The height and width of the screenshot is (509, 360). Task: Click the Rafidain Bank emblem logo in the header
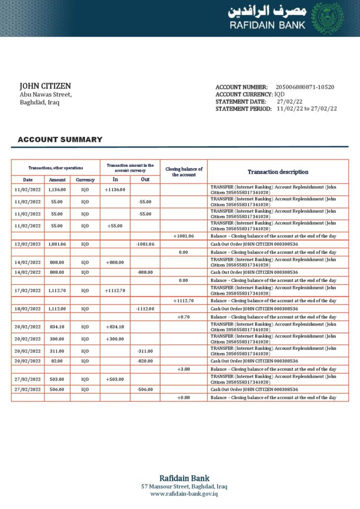click(327, 18)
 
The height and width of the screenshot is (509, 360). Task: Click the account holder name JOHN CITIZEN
click(45, 86)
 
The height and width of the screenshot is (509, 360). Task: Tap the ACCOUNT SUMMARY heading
click(60, 140)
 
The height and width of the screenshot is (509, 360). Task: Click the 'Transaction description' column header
click(278, 172)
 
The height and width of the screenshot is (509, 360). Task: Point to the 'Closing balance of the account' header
click(183, 172)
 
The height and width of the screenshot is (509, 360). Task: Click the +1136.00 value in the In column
click(115, 189)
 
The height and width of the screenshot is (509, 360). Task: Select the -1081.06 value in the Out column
click(145, 244)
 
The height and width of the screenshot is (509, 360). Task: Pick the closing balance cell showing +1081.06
click(183, 236)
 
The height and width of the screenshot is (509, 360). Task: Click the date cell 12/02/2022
click(28, 244)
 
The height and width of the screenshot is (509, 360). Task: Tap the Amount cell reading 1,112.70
click(57, 290)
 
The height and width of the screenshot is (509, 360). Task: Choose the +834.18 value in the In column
click(115, 327)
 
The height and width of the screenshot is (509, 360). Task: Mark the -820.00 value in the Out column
click(145, 361)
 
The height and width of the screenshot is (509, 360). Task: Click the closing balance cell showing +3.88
click(183, 369)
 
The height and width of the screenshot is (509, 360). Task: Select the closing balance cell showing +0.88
click(183, 398)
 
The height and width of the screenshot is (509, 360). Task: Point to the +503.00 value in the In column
click(115, 379)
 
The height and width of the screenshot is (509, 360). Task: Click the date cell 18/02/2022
click(28, 309)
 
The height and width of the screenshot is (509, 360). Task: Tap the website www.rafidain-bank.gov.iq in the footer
click(184, 494)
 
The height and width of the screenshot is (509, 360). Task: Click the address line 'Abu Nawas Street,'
click(46, 94)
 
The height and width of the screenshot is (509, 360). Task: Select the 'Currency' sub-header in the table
click(85, 179)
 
